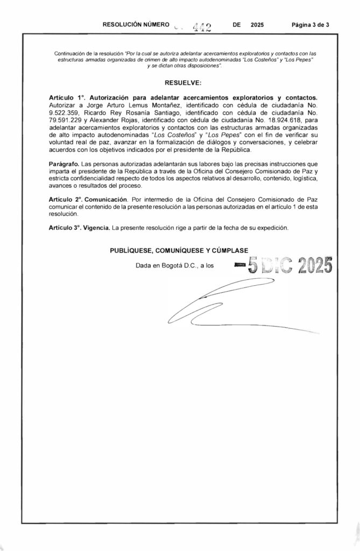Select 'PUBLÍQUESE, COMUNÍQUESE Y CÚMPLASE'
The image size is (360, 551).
tap(179, 250)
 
